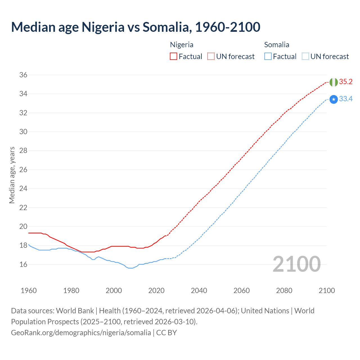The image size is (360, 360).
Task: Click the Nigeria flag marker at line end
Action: pos(334,82)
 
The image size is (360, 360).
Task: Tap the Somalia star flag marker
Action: pos(334,99)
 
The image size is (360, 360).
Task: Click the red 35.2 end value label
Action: pos(346,82)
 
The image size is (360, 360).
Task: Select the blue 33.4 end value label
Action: pos(346,99)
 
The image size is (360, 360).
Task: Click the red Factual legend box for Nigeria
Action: pos(174,57)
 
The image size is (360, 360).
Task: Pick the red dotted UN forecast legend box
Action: pos(211,57)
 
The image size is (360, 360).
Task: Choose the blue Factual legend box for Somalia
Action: pos(268,57)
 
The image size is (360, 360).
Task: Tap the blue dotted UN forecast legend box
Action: pos(305,57)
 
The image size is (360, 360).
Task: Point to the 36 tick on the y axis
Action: pos(23,75)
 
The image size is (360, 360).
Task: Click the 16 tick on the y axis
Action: pos(23,264)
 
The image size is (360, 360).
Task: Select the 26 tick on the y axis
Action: pos(23,170)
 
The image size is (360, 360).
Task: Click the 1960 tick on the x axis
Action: pos(29,291)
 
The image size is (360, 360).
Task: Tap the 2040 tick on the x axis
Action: pos(199,291)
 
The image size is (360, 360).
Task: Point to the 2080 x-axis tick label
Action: pos(284,291)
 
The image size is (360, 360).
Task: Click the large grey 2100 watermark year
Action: pos(296,264)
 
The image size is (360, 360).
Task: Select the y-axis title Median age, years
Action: pos(12,175)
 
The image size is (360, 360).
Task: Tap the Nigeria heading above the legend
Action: pos(182,45)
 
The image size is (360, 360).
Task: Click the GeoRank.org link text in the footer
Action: pos(81,333)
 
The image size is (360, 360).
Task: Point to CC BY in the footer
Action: pos(166,333)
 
